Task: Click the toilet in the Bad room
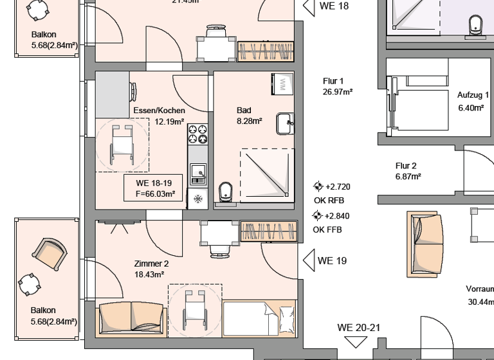tap(225, 191)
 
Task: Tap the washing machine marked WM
tap(282, 84)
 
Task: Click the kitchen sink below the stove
tap(197, 172)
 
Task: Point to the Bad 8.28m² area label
tap(248, 116)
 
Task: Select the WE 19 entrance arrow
tap(309, 260)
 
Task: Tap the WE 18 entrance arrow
tap(309, 6)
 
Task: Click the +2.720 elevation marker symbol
tap(318, 186)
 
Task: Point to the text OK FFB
tap(327, 230)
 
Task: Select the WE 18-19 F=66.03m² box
tap(151, 188)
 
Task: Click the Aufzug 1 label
tap(473, 102)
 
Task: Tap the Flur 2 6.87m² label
tap(408, 170)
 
